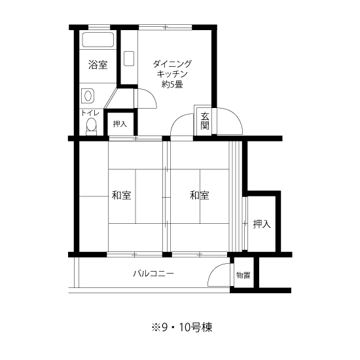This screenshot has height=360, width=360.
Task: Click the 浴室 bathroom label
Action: (98, 65)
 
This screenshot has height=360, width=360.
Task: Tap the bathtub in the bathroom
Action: (98, 40)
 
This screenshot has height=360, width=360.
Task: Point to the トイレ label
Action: (90, 113)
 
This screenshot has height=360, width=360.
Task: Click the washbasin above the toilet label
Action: (88, 96)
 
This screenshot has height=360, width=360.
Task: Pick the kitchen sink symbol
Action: (129, 58)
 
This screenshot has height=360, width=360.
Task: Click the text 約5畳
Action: (172, 84)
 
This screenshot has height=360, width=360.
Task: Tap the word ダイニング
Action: (172, 64)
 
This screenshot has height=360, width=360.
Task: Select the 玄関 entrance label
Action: (205, 121)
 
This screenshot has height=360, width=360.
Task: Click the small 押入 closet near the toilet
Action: (120, 124)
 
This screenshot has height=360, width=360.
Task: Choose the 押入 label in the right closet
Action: (262, 224)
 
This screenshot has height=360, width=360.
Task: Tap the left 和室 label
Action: (121, 195)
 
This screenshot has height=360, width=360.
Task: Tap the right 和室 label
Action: (199, 195)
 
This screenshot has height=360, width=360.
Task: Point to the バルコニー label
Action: (153, 274)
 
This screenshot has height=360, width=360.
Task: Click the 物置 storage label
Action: (243, 275)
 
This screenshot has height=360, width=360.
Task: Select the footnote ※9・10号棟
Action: (182, 327)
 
